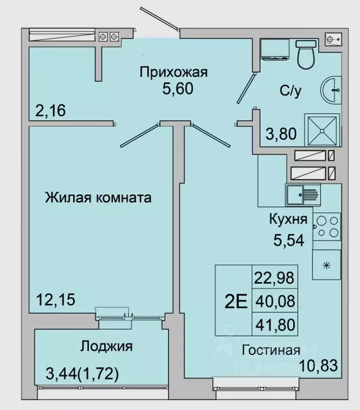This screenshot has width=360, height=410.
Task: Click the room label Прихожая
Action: point(173,71)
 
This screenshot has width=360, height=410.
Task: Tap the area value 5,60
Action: point(178,88)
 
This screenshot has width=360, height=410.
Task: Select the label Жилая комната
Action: point(98,198)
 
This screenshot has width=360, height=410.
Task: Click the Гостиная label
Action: point(270,350)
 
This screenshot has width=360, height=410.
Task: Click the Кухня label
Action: point(287,219)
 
